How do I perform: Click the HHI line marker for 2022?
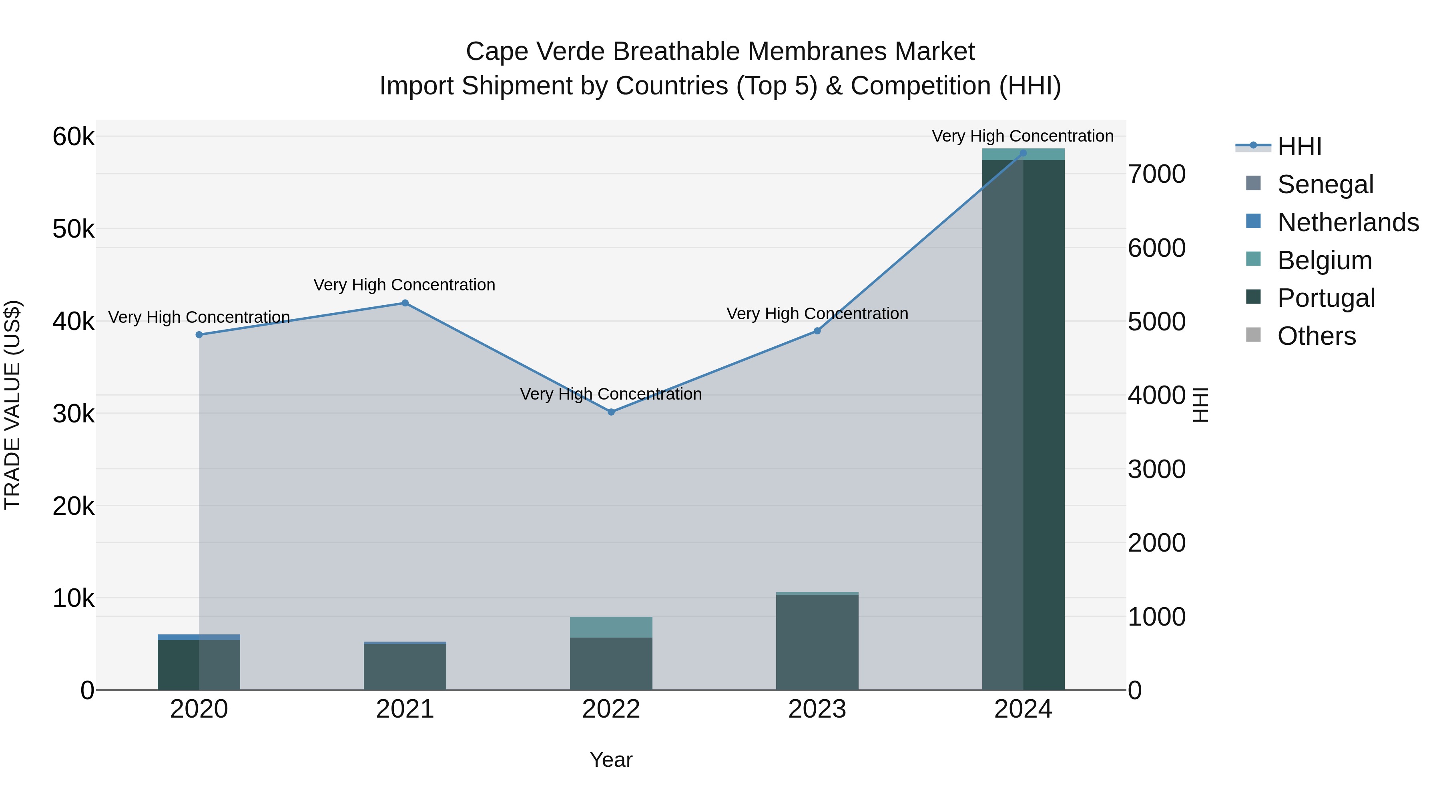pyautogui.click(x=611, y=412)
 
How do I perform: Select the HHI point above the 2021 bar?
pyautogui.click(x=405, y=303)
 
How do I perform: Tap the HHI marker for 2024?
pyautogui.click(x=1023, y=153)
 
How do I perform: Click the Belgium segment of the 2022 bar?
pyautogui.click(x=611, y=627)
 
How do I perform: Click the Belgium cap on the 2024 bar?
pyautogui.click(x=1023, y=154)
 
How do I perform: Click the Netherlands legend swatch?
pyautogui.click(x=1254, y=221)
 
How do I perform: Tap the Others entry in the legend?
pyautogui.click(x=1316, y=336)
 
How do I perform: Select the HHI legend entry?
pyautogui.click(x=1299, y=146)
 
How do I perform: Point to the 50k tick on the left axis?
pyautogui.click(x=73, y=229)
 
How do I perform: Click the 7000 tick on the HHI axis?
pyautogui.click(x=1156, y=174)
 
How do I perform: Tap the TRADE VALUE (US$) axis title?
pyautogui.click(x=12, y=405)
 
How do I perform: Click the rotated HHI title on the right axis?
pyautogui.click(x=1200, y=405)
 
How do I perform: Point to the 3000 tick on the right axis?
pyautogui.click(x=1156, y=470)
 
